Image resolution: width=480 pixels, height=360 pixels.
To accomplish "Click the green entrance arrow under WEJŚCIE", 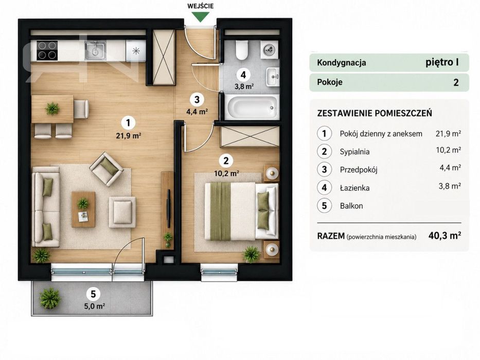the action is [201, 17].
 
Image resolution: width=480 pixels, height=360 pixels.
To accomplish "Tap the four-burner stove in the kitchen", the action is [47, 50].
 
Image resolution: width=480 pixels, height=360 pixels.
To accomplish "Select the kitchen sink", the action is [96, 50].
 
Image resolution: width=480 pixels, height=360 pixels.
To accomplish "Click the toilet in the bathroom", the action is [241, 50].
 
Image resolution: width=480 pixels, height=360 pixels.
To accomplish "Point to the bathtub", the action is [252, 107].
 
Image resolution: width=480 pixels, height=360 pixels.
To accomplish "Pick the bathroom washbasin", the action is [273, 77].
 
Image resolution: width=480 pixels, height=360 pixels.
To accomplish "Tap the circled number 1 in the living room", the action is [128, 123].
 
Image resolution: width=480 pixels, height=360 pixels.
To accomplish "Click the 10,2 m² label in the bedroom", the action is [226, 174].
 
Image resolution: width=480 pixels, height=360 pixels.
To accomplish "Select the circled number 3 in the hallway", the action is [197, 99].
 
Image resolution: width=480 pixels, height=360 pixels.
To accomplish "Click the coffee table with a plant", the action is [83, 209].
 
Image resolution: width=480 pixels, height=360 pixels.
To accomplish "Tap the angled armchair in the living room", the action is [106, 169].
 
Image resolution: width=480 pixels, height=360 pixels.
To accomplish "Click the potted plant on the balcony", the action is [49, 298].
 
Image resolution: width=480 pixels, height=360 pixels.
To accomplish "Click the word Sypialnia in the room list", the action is [354, 152].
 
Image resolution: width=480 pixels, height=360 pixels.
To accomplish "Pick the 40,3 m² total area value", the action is [445, 236].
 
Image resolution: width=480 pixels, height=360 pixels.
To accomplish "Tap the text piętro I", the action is [442, 62].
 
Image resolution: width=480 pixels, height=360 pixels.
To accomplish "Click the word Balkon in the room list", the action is [351, 206].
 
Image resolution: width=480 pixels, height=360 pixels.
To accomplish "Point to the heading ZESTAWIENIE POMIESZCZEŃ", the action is [375, 113].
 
